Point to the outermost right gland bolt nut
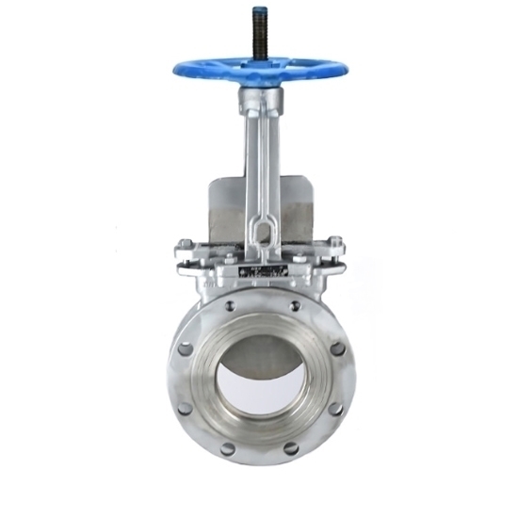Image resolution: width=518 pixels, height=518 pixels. click(x=335, y=249)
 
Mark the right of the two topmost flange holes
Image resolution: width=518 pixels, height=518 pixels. click(x=295, y=305)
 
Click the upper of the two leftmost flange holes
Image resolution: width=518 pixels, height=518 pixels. click(x=185, y=349)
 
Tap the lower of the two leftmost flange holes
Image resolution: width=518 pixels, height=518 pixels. click(x=185, y=408)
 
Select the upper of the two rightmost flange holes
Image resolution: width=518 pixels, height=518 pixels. click(x=338, y=349)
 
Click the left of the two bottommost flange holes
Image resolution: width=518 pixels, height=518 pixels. click(x=228, y=448)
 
